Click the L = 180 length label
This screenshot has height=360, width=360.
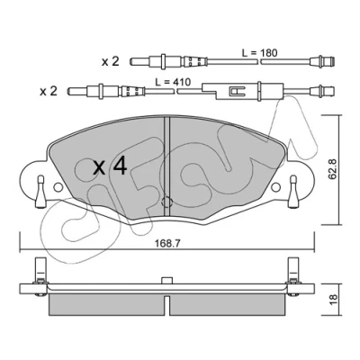tap(260, 53)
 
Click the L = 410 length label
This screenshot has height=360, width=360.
tap(173, 82)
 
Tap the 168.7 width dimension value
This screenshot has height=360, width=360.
tap(167, 244)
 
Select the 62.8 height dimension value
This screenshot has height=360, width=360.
tap(332, 169)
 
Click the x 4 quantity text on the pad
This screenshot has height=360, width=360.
tap(110, 166)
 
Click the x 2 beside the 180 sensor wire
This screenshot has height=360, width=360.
tap(111, 62)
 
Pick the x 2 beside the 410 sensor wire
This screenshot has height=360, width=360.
tap(49, 92)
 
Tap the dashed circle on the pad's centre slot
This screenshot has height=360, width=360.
tap(166, 202)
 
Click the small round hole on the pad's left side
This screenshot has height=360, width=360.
tap(58, 187)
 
